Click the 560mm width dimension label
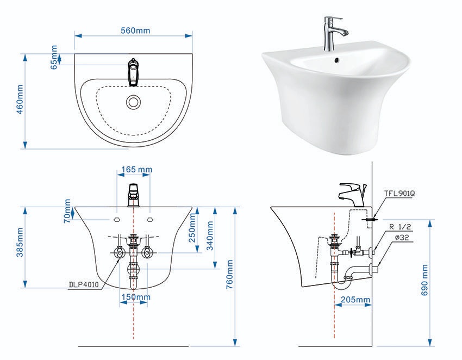click(135, 30)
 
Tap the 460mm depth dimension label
click(20, 100)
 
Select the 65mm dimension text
click(54, 57)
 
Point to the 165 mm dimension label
click(137, 169)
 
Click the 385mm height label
click(20, 242)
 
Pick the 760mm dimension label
click(230, 275)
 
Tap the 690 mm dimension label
click(424, 280)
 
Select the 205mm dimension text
click(355, 300)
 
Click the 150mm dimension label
click(136, 296)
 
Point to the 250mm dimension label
click(192, 227)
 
